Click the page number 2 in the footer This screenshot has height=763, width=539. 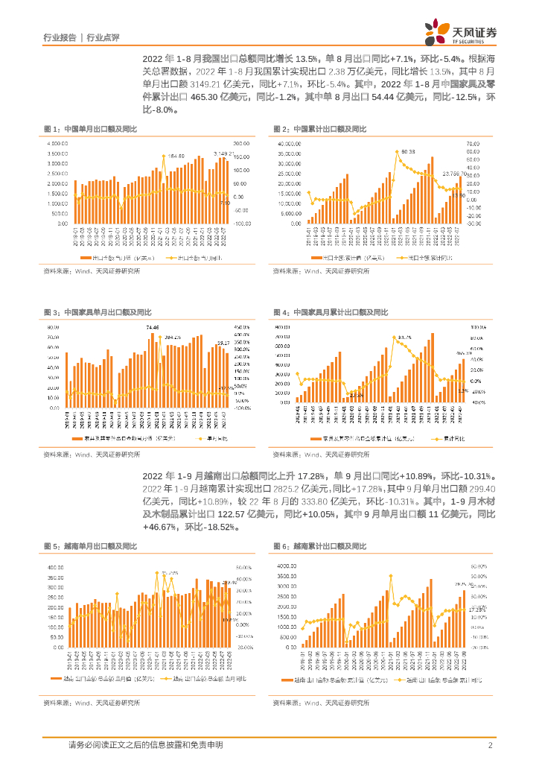pyautogui.click(x=490, y=745)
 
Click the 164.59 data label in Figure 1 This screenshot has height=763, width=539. pyautogui.click(x=176, y=156)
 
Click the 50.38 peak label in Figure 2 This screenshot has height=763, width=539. pyautogui.click(x=408, y=152)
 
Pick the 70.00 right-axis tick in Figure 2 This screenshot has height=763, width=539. pyautogui.click(x=476, y=143)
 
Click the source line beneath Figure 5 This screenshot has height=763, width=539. pyautogui.click(x=92, y=703)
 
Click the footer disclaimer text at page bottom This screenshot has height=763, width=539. pyautogui.click(x=145, y=745)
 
